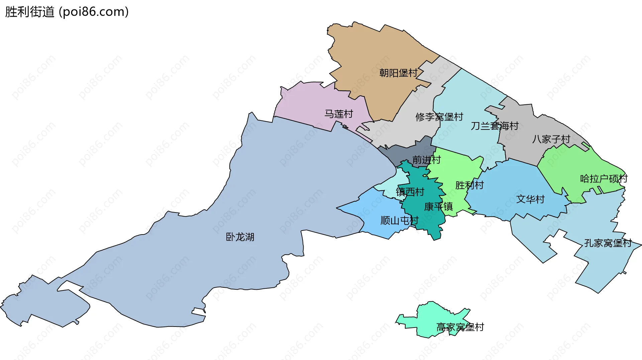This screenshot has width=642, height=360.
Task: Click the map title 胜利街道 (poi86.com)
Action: coord(67,12)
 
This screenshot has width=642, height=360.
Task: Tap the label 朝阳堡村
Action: coord(398,73)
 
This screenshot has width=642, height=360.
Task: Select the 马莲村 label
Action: coord(339,114)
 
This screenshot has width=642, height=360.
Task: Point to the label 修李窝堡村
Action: coord(439,117)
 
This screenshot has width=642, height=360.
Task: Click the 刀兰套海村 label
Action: coord(495,126)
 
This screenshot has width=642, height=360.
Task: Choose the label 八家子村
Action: coord(551,139)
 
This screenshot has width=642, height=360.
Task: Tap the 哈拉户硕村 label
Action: coord(604,179)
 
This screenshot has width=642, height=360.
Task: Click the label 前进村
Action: coord(426,160)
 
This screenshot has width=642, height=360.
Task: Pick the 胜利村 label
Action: coord(469,185)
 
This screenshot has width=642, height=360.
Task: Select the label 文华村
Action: coord(530,199)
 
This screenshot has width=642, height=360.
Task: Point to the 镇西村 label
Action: coord(410,192)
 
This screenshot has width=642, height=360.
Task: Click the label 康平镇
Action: coord(438,206)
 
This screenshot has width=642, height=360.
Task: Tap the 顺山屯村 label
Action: coord(399,220)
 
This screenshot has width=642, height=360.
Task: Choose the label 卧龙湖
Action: coord(240,237)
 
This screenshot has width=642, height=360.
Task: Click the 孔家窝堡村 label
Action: coord(608,243)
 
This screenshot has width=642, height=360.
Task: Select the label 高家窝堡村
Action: coord(460,327)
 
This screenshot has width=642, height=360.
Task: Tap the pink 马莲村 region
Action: coord(308,104)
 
